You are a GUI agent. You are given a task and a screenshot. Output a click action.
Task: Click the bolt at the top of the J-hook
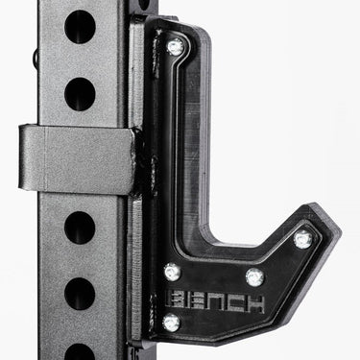coord(176,47)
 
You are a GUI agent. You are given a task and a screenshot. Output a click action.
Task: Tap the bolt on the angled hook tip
coord(302,239)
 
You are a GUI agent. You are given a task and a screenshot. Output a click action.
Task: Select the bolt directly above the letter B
coord(173,273)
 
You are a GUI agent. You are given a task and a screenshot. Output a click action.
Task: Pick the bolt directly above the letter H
coord(255,277)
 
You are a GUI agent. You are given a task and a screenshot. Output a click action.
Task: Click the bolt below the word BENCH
coord(172,322)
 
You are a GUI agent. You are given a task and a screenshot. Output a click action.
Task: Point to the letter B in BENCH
coord(176,301)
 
